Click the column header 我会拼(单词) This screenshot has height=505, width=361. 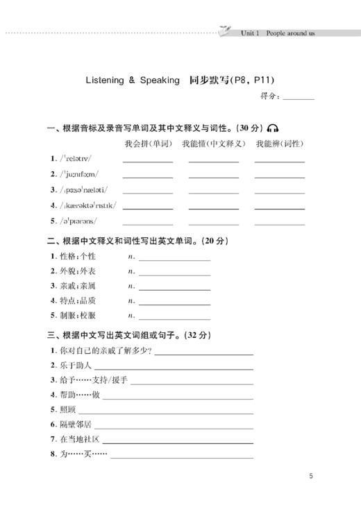148,144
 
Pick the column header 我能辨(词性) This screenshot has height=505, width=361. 279,144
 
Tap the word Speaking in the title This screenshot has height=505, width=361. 160,80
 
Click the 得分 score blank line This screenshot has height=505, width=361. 299,98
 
